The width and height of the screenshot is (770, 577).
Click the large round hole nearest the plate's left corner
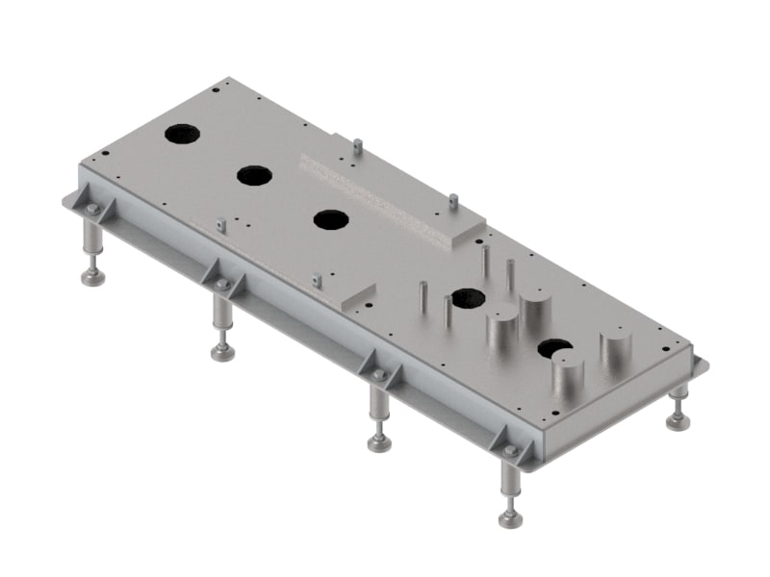(x=181, y=134)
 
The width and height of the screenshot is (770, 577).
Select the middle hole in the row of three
(x=254, y=175)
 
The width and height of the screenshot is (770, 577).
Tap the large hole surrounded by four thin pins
(x=468, y=297)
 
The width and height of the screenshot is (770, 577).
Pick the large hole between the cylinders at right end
(x=554, y=348)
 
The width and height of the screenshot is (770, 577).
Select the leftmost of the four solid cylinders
(x=501, y=330)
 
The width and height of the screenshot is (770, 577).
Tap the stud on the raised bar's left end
(x=356, y=146)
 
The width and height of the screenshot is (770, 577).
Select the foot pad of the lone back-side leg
(x=678, y=421)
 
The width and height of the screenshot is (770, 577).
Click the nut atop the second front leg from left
(x=222, y=286)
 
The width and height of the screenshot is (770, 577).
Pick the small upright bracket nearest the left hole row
(x=220, y=225)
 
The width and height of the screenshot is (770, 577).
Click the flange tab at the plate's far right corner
(x=700, y=365)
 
